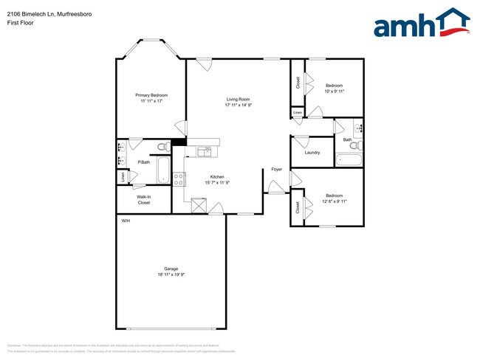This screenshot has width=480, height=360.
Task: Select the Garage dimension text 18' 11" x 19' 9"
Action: pyautogui.click(x=171, y=274)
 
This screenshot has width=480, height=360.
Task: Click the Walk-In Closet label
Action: pyautogui.click(x=143, y=199)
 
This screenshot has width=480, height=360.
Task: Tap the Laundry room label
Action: pyautogui.click(x=312, y=153)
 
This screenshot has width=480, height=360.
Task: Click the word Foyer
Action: pyautogui.click(x=276, y=170)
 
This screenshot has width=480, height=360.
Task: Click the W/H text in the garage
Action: pyautogui.click(x=126, y=221)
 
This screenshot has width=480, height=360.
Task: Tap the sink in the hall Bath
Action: pyautogui.click(x=359, y=128)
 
